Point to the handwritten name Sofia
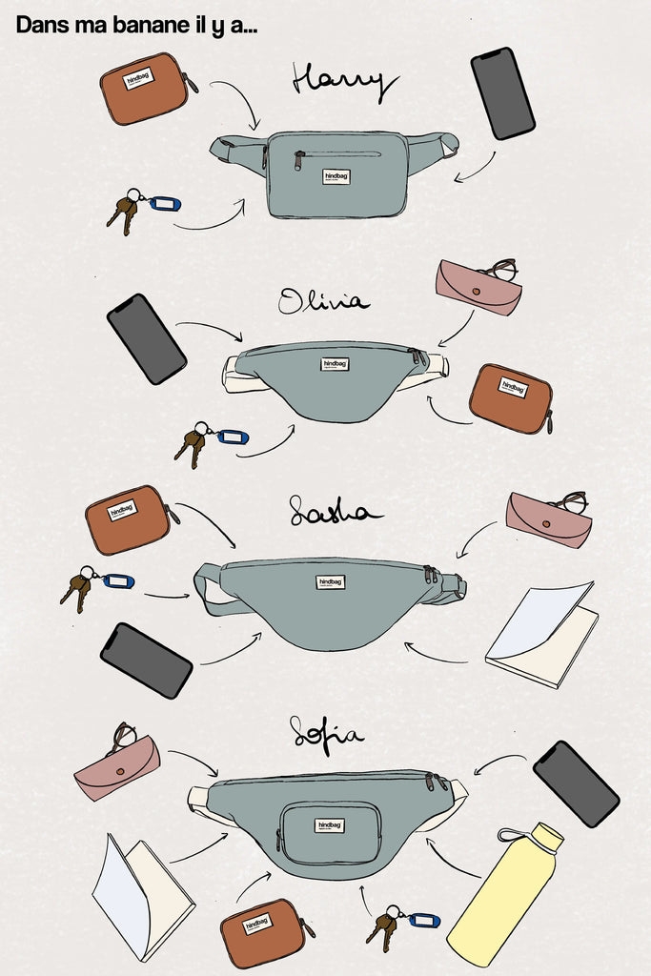point(326,734)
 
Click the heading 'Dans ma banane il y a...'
point(136,26)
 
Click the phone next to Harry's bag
point(502,93)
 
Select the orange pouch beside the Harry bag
point(144,89)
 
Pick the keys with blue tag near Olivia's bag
point(210,442)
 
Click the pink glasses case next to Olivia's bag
point(478,286)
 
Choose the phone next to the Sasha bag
point(146,660)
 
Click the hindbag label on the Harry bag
point(336,177)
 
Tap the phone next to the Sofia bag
point(576,783)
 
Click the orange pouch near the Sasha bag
point(127,519)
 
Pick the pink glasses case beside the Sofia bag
point(117,766)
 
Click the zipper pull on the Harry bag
point(298,162)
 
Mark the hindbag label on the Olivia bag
point(335,364)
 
